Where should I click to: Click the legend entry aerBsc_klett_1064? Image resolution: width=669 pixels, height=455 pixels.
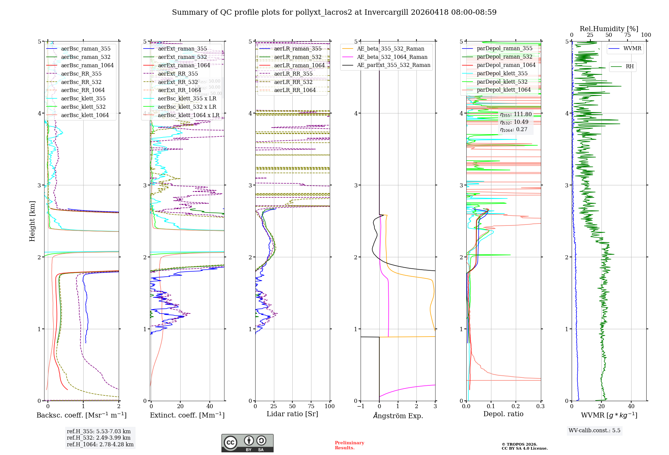(x=85, y=115)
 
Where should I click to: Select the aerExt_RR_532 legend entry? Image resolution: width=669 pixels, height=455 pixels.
(x=178, y=82)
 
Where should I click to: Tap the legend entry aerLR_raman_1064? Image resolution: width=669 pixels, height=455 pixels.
(x=299, y=66)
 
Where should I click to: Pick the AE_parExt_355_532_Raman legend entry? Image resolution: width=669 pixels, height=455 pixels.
(x=393, y=65)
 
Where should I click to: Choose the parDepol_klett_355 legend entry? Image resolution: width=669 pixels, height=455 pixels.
(x=502, y=74)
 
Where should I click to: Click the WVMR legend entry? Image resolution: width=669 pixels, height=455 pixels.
(x=632, y=49)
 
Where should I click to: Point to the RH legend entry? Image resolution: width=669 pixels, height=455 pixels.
(x=629, y=67)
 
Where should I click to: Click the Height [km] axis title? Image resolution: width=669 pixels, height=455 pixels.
(x=32, y=221)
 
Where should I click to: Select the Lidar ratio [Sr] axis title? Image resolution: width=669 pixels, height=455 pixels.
(x=292, y=414)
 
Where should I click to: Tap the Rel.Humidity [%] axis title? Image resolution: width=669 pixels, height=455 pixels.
(x=609, y=29)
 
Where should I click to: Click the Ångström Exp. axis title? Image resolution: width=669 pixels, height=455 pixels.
(x=398, y=416)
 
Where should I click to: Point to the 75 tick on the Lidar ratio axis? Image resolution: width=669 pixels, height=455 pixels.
(x=311, y=406)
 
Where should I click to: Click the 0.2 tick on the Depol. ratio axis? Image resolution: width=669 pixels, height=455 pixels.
(x=516, y=406)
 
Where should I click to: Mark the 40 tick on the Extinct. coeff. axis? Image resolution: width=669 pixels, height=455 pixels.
(x=210, y=406)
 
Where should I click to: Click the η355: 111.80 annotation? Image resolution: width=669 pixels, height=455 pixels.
(x=515, y=114)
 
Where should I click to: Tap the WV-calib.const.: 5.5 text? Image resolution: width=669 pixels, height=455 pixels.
(x=594, y=431)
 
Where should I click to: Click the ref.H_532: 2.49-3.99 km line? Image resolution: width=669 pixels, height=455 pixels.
(x=99, y=438)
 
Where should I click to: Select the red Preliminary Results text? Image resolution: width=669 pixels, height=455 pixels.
(x=349, y=445)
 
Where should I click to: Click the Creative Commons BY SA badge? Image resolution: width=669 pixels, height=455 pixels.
(x=247, y=443)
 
